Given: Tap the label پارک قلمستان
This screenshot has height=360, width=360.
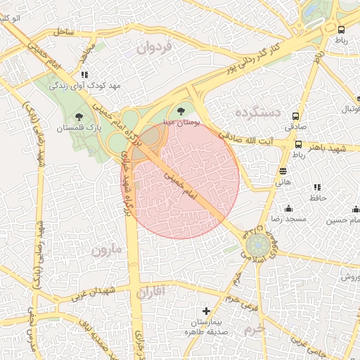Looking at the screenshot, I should (79, 129).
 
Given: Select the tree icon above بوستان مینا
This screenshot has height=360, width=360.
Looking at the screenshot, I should (182, 111).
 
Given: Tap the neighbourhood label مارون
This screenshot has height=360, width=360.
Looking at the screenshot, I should (107, 250).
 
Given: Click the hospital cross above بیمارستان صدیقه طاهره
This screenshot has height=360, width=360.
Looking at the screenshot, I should (206, 310).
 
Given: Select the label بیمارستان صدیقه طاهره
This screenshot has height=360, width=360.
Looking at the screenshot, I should (206, 327).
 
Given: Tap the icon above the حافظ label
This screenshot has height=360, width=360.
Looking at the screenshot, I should (317, 188).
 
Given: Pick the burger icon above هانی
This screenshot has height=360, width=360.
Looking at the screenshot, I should (283, 171).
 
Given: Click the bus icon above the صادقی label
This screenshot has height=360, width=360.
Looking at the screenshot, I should (295, 116).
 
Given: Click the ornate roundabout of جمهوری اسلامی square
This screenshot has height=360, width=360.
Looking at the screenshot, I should (257, 246).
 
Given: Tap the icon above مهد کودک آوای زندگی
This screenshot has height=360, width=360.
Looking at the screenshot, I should (84, 74).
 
